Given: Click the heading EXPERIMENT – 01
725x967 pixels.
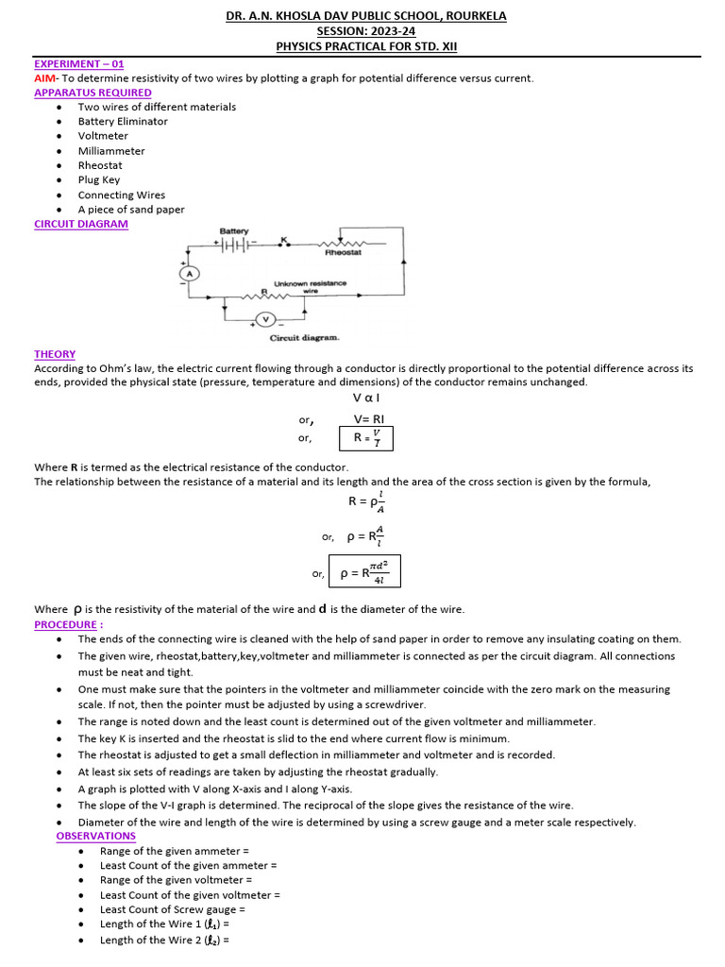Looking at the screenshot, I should point(78,63).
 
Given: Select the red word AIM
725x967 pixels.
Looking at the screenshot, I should point(45,78).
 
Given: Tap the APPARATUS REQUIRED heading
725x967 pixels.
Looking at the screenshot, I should point(93,93).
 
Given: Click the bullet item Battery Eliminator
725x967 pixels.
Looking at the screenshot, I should point(123,122).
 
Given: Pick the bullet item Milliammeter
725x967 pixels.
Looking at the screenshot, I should point(111,151).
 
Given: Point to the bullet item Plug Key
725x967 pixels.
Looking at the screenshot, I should point(100,180).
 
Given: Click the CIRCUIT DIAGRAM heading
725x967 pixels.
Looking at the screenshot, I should point(81,224).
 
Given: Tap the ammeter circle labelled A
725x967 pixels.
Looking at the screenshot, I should point(188,273).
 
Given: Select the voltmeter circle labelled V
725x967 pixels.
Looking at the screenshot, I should point(265,318).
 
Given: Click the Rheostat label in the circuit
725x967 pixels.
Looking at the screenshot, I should point(342,253).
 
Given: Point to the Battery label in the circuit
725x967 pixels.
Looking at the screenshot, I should point(234,231).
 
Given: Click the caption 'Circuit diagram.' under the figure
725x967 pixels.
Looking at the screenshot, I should point(305,337).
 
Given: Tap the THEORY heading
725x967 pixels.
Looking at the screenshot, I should point(55,354).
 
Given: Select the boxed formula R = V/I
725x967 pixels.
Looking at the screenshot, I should point(365,437).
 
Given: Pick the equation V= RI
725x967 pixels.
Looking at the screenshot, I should point(369,419).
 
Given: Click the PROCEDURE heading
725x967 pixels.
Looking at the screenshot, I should point(69,624).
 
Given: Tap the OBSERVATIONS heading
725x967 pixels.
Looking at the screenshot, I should point(95,836).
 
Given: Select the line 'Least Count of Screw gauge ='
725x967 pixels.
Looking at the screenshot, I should point(173,909).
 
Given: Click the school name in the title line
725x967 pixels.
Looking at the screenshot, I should point(366,16).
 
